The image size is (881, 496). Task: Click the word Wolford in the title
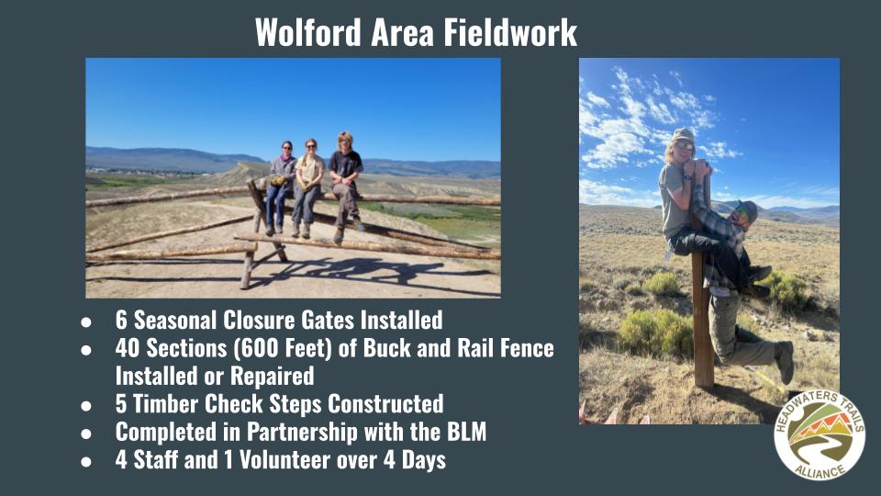point(307,32)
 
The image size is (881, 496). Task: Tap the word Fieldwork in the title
point(510,32)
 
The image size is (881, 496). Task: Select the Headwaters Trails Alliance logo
point(820,434)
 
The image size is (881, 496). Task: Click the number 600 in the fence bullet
point(257,348)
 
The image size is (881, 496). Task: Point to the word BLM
point(466,432)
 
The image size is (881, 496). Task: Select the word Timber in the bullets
point(165,404)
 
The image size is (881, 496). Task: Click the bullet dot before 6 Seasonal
point(86,322)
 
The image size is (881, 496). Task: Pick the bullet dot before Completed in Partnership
point(86,434)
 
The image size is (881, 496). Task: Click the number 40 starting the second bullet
point(128,348)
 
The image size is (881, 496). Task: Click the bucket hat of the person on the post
point(683,136)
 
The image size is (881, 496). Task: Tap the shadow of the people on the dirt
point(360,271)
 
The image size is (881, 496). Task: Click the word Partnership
point(302,432)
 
